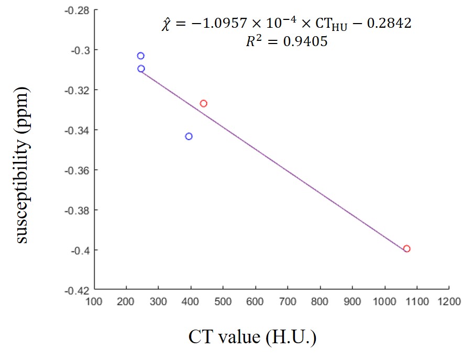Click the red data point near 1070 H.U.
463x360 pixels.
406,248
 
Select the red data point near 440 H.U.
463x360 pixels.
203,103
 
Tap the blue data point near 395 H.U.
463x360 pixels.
189,136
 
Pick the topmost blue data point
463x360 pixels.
140,56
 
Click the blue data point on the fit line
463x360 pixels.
141,69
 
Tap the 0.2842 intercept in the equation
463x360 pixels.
392,24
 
